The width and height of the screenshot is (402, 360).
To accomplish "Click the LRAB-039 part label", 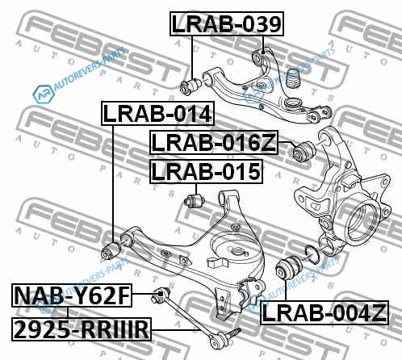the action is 227,24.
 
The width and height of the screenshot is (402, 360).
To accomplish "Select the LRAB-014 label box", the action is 157,114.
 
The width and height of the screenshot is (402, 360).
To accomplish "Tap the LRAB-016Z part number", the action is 214,143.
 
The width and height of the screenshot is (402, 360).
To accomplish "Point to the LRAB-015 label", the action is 206,172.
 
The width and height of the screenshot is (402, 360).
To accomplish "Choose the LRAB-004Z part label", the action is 325,312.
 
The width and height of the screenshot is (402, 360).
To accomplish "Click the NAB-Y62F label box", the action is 72,295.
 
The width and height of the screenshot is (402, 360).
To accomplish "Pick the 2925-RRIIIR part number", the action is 82,329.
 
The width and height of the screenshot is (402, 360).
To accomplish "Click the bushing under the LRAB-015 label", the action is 195,200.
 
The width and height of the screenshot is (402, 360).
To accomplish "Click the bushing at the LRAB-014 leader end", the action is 111,250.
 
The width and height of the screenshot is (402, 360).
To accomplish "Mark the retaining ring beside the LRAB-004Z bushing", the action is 312,254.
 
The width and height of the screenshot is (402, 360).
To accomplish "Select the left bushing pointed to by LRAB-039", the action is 191,86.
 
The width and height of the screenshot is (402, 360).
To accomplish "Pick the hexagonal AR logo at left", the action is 43,94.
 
